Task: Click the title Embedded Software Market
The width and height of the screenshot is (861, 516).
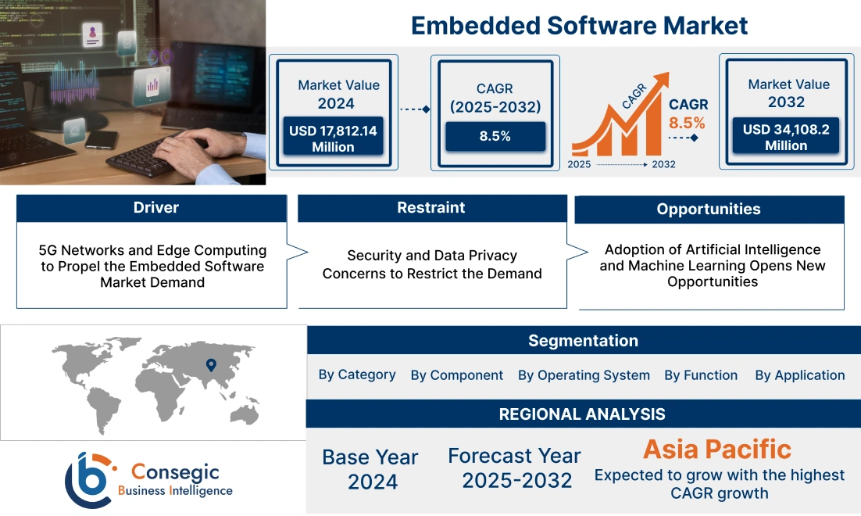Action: (x=579, y=25)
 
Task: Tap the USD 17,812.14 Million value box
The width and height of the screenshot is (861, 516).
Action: (x=333, y=138)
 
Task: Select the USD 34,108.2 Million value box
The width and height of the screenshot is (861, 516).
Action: (x=786, y=137)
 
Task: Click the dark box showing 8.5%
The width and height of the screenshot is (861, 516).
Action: (x=495, y=136)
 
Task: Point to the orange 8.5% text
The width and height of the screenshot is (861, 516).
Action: (x=687, y=123)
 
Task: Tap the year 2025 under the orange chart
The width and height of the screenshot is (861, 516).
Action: (x=579, y=164)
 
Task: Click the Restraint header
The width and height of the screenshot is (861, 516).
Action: (x=431, y=208)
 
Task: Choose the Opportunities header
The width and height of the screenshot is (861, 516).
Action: (x=709, y=210)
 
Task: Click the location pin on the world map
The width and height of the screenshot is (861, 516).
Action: (x=210, y=364)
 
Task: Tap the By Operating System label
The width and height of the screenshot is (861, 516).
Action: (x=584, y=375)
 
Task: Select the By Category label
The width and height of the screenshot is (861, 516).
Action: (x=357, y=374)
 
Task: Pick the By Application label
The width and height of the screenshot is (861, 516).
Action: (x=799, y=375)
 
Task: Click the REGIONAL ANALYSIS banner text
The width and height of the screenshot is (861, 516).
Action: (x=582, y=414)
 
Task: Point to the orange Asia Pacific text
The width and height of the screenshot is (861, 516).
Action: (x=716, y=449)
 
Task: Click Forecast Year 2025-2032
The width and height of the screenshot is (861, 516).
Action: (x=514, y=468)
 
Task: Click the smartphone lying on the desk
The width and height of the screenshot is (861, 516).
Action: (x=101, y=141)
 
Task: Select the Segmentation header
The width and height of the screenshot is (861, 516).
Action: (x=583, y=341)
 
